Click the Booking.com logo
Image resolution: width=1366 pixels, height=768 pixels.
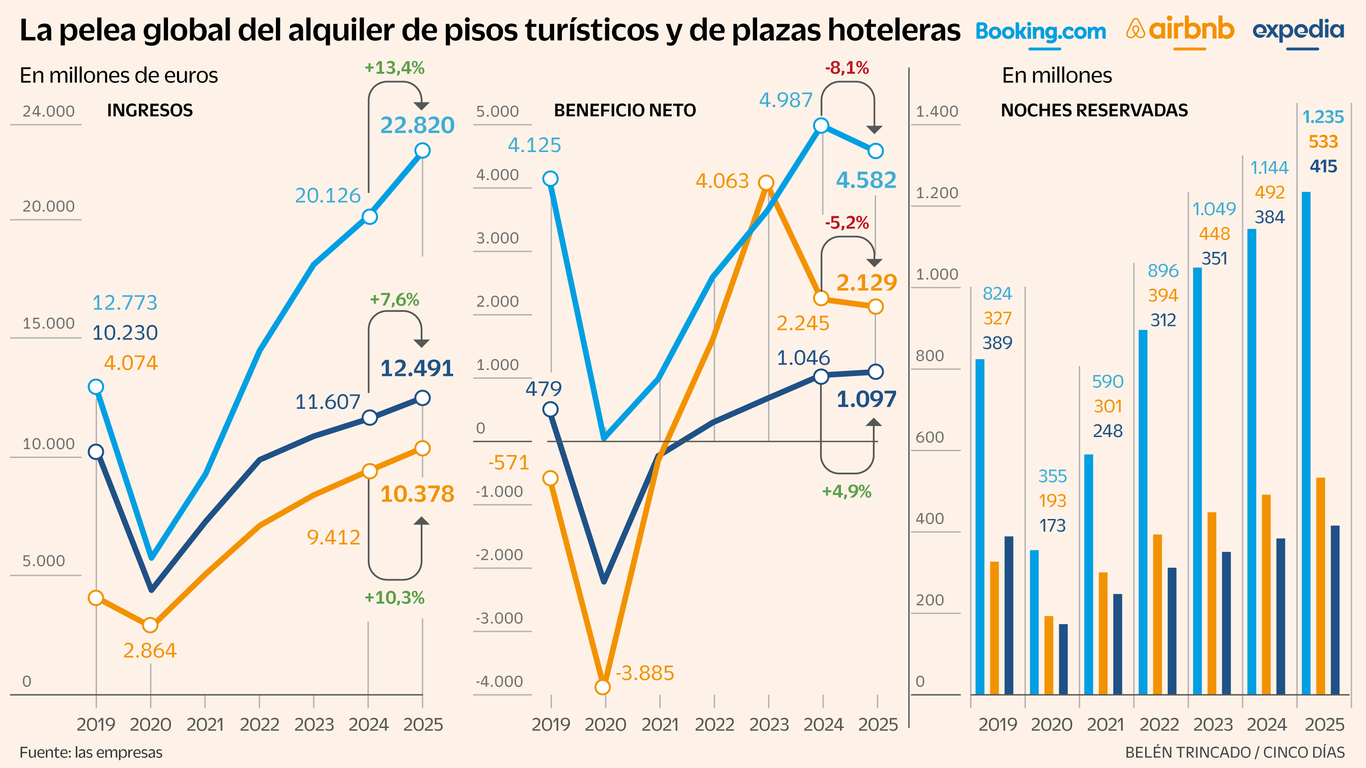[1040, 32]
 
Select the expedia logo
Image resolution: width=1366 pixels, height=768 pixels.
[1298, 31]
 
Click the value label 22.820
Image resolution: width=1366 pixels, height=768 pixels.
[418, 125]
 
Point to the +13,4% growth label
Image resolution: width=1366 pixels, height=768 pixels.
[394, 68]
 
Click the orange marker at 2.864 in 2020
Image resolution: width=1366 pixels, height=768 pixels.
[151, 626]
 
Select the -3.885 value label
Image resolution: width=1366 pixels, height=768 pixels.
[645, 673]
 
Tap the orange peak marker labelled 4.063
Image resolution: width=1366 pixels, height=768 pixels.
[766, 183]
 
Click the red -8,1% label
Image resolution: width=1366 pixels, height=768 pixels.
[846, 68]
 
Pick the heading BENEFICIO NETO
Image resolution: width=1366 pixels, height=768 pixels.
[625, 110]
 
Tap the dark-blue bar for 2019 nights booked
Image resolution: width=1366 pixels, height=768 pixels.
[1009, 615]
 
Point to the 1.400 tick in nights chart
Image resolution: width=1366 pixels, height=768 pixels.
[937, 111]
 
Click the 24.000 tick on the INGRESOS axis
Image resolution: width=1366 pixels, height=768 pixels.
[48, 111]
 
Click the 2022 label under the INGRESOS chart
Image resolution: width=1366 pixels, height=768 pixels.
[259, 725]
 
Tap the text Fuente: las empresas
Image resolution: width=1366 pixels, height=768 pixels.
[91, 752]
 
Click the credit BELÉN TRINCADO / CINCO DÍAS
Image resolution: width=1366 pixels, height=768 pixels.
[1234, 752]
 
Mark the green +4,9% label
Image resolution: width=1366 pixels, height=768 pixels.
[846, 491]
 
